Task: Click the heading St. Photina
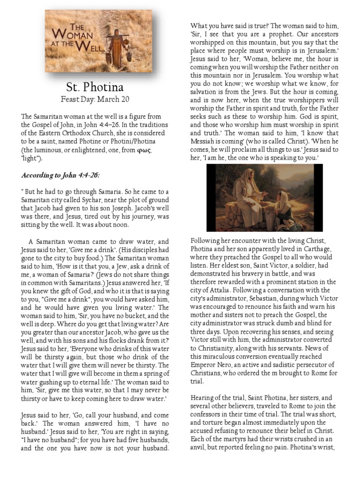tap(95, 87)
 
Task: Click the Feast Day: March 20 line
tap(95, 99)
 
